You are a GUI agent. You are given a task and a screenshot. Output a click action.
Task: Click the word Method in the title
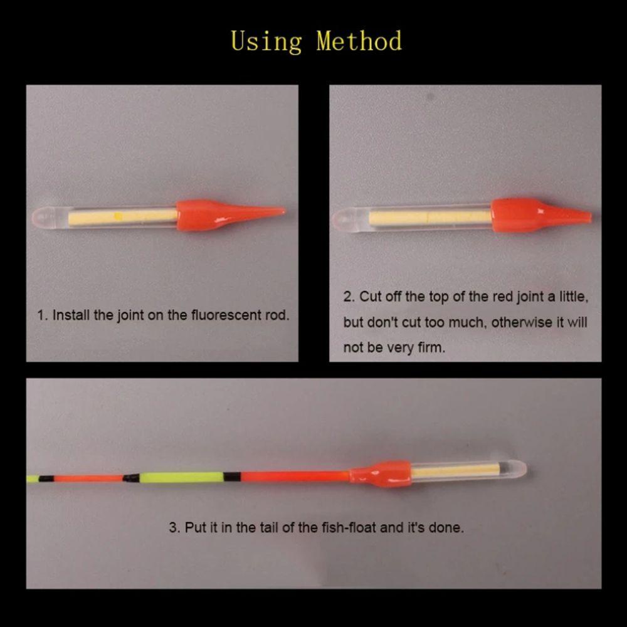point(359,41)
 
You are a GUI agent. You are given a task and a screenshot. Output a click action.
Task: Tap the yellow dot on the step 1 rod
point(119,216)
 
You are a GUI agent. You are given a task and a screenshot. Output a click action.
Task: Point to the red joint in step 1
point(228,214)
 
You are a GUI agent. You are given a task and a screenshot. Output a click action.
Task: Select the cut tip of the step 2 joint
point(589,217)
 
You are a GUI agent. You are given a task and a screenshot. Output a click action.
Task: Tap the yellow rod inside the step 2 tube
point(430,218)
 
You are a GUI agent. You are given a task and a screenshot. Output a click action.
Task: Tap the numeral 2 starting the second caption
point(347,297)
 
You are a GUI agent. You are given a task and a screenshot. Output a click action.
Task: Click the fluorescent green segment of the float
point(181,477)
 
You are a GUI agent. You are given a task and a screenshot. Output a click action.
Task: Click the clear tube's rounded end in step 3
point(519,469)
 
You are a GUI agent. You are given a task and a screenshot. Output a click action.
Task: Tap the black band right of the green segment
point(232,477)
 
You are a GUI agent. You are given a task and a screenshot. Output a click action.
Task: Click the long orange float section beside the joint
point(295,477)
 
